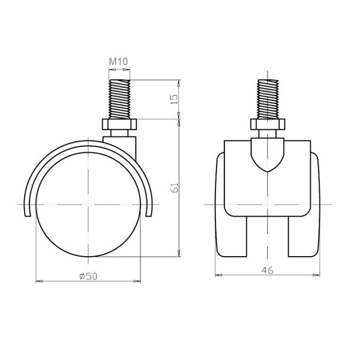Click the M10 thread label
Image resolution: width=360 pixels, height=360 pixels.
pos(119,61)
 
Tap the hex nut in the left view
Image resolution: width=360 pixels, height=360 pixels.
pos(119,125)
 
